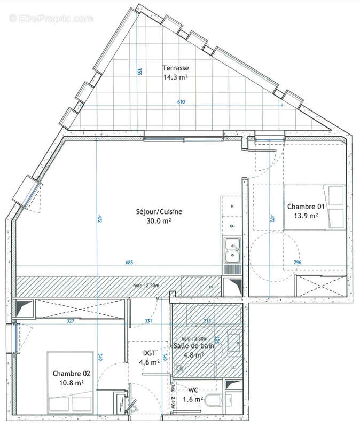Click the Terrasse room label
(x=176, y=68)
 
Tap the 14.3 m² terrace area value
(x=176, y=77)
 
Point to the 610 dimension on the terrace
(x=181, y=101)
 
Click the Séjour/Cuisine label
(x=159, y=211)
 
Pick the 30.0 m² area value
(x=159, y=220)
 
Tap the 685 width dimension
(x=129, y=263)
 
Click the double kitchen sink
(x=231, y=251)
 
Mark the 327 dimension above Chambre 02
(x=70, y=321)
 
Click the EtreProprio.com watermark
(x=51, y=18)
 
